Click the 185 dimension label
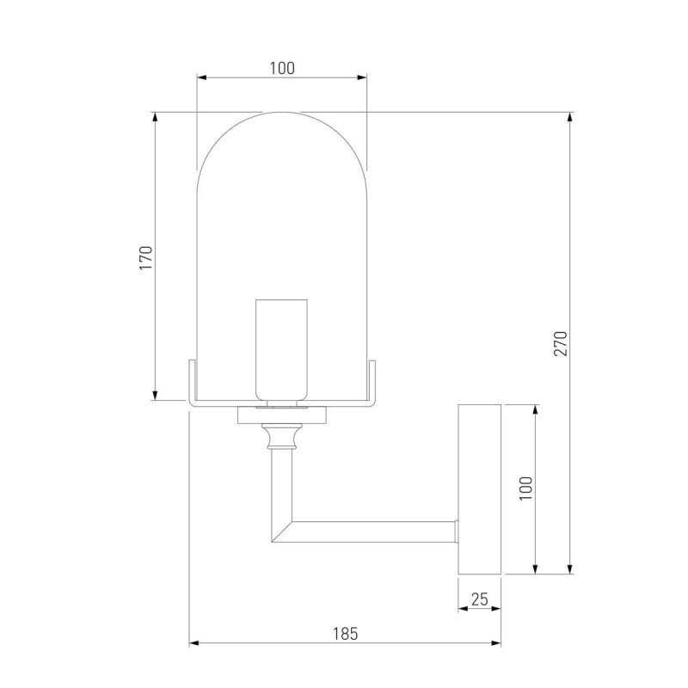tap(345, 634)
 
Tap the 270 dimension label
tap(561, 343)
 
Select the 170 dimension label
tap(145, 258)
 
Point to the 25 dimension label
tap(479, 599)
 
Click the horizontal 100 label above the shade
tap(282, 68)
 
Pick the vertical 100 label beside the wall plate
tap(525, 488)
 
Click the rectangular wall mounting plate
tap(480, 489)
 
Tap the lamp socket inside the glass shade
tap(282, 350)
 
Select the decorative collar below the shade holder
tap(282, 436)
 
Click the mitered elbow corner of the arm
tap(282, 531)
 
